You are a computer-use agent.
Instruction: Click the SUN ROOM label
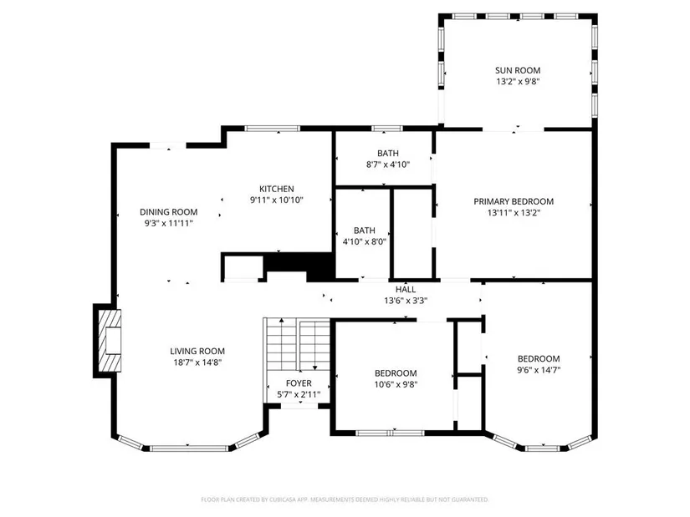coord(518,70)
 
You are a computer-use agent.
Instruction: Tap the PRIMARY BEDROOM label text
coord(514,202)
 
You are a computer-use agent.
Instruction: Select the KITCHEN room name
coord(276,189)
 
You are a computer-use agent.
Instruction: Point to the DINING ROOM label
coord(169,212)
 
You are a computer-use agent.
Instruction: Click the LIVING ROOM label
coord(197,352)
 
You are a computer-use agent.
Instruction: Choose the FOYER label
coord(299,383)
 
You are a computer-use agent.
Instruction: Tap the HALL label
coord(406,289)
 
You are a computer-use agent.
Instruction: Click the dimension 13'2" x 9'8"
coord(518,81)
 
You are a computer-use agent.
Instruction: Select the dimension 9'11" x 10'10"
coord(276,200)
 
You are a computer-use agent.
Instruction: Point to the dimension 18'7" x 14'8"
coord(197,362)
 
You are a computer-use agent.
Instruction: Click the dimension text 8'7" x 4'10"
coord(388,165)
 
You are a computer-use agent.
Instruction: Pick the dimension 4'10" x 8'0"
coord(365,241)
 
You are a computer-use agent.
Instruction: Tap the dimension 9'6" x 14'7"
coord(539,370)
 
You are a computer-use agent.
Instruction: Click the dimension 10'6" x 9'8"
coord(396,384)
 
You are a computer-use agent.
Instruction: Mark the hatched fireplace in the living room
coord(109,341)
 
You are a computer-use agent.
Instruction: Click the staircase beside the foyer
coord(298,346)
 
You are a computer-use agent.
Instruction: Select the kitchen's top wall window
coord(273,129)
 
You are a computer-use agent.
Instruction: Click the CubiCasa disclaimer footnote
coord(345,499)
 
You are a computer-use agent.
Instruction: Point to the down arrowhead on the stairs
coord(314,367)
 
